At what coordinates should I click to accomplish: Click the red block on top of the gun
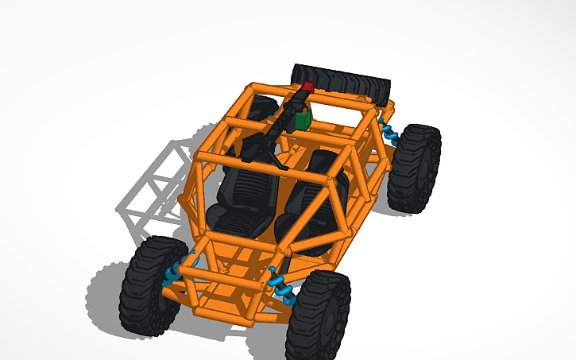pyautogui.click(x=307, y=86)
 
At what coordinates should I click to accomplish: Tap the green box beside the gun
pyautogui.click(x=302, y=119)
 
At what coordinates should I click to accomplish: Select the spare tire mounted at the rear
pyautogui.click(x=342, y=80)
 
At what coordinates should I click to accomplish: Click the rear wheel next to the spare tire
pyautogui.click(x=416, y=168)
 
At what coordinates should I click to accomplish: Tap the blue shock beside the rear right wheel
pyautogui.click(x=389, y=132)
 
